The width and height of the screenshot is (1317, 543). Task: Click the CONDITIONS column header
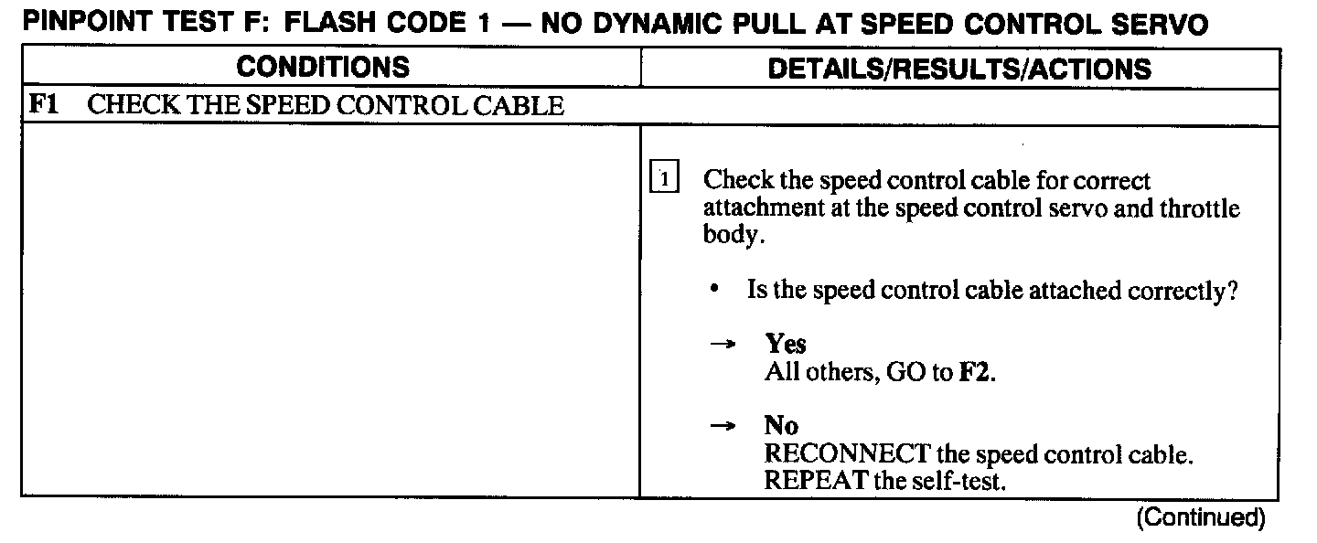pyautogui.click(x=323, y=68)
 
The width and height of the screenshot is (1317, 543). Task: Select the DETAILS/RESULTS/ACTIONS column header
pyautogui.click(x=959, y=69)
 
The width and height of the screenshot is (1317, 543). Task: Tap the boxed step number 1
pyautogui.click(x=664, y=179)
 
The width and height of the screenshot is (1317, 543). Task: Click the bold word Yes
pyautogui.click(x=786, y=344)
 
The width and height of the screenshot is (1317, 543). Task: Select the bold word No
pyautogui.click(x=781, y=426)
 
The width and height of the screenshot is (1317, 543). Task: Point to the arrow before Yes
pyautogui.click(x=723, y=345)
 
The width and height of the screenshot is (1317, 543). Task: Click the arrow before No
pyautogui.click(x=723, y=427)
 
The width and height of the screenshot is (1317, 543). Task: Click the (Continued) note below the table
pyautogui.click(x=1200, y=518)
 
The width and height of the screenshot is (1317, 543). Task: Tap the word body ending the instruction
pyautogui.click(x=729, y=234)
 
